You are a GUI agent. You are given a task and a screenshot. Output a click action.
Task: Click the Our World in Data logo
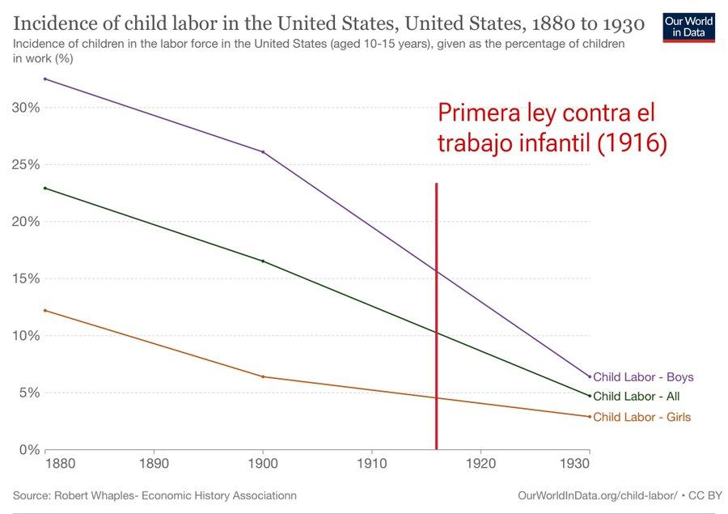[689, 28]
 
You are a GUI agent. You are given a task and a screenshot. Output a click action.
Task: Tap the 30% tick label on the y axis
[26, 108]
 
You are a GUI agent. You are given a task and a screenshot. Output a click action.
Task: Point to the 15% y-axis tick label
[26, 278]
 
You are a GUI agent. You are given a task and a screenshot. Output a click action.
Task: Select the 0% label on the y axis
[30, 450]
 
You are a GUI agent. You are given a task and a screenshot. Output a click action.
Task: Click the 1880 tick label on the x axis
[60, 463]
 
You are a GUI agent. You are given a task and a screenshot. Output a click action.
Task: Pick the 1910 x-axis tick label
[372, 463]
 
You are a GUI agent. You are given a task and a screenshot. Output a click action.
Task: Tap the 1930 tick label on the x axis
[575, 463]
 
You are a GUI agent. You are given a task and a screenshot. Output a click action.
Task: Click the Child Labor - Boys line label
[643, 377]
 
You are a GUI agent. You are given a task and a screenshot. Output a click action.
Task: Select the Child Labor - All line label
[636, 397]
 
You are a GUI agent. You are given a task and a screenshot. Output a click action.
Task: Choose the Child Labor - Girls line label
[642, 417]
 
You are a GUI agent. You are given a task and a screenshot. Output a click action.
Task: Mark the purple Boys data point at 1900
[263, 152]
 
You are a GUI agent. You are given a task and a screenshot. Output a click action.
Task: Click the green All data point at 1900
[263, 261]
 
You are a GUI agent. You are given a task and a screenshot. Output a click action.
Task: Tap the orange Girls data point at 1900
[263, 377]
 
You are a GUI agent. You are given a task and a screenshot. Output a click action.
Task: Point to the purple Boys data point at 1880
[45, 79]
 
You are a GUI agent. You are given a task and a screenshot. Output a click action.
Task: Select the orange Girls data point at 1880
[45, 311]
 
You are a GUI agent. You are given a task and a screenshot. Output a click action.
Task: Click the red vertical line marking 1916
[437, 316]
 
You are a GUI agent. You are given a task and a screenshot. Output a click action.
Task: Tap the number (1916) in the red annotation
[632, 142]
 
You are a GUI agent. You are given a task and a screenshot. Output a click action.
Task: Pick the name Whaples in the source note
[116, 496]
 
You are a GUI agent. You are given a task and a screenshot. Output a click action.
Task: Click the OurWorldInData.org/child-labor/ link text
[598, 496]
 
